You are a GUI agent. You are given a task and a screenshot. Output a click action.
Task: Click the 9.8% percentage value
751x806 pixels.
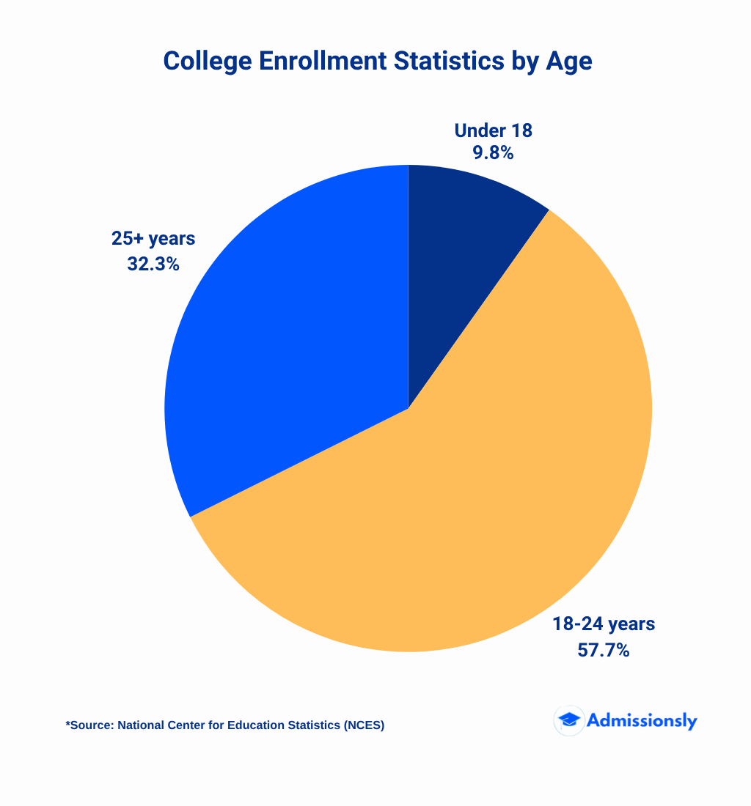tap(493, 153)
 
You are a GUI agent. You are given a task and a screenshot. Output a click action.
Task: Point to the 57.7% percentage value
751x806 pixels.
tap(603, 649)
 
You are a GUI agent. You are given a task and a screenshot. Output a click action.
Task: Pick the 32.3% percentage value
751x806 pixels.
tap(153, 264)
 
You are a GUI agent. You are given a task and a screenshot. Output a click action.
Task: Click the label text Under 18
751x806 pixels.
tap(493, 130)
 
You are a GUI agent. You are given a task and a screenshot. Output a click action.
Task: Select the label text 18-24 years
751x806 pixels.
tap(603, 624)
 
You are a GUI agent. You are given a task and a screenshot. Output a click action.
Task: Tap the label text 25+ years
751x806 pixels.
tap(153, 239)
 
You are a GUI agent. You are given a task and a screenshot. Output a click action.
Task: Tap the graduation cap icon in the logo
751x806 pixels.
tap(568, 720)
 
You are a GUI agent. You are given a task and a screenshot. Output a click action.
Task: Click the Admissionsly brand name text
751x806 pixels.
tap(642, 720)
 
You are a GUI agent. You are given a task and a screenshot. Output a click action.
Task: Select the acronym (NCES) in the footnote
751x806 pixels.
tap(363, 725)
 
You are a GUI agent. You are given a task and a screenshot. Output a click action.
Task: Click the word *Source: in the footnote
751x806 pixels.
tap(89, 725)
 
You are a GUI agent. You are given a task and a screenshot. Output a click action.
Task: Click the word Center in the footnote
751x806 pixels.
tap(187, 725)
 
